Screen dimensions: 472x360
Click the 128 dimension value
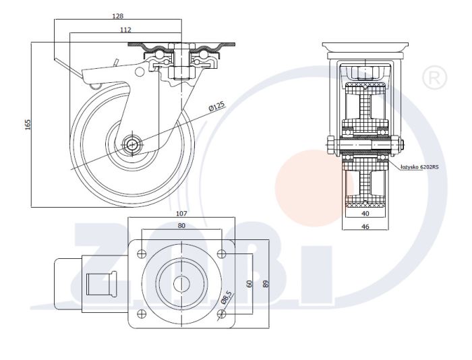coord(118,16)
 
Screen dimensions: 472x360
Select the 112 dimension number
coord(125,30)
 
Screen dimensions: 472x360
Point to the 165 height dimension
coord(28,125)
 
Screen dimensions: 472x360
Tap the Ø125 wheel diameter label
coord(216,107)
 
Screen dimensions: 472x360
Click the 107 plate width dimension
coord(181,214)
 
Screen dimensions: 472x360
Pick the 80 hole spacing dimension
coord(181,225)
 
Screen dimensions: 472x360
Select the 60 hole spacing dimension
coord(249,284)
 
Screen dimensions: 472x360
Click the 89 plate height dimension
coord(266,284)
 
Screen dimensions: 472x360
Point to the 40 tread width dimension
coord(365,214)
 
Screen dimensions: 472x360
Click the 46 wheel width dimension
coord(365,227)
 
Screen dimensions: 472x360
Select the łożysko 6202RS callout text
coord(419,167)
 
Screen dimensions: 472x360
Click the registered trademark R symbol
coord(434,78)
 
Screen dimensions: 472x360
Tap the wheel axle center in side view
coord(131,145)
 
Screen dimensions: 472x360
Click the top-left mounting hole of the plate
coord(142,253)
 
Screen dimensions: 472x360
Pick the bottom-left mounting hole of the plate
coord(142,314)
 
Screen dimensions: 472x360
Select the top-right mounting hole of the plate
coord(222,253)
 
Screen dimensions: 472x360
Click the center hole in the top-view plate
coord(181,284)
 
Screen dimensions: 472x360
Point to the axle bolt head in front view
coord(330,146)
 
